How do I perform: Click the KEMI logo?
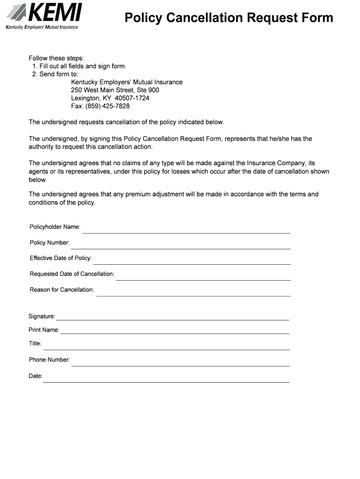44,13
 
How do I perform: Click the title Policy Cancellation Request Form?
229,18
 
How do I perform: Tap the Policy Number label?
50,243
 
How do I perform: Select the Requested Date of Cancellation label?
72,274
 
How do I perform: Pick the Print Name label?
44,330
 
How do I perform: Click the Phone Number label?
50,360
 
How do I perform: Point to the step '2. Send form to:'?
55,74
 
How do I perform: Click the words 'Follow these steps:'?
57,58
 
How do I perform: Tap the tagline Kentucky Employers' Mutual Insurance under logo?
42,27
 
